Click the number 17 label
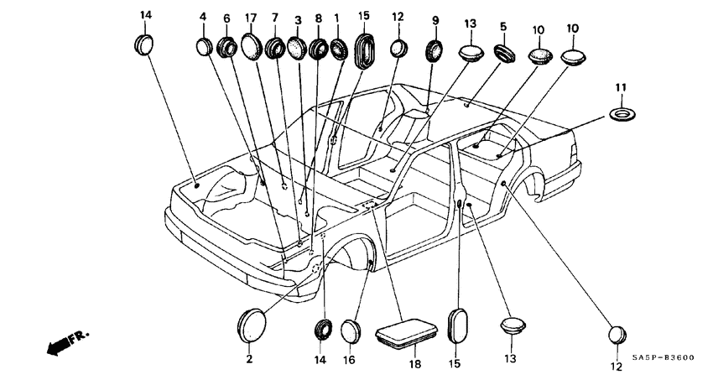coord(251,18)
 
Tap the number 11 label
coord(621,87)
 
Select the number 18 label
coord(414,363)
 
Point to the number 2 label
coord(249,359)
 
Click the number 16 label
coord(348,360)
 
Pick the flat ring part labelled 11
coord(622,114)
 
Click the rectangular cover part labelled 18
coord(406,334)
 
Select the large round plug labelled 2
coord(252,325)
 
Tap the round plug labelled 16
coord(351,331)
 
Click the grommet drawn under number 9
coord(435,50)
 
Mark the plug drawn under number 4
coord(205,47)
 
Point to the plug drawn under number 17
coord(252,45)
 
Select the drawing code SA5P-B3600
coord(664,357)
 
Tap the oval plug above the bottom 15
coord(456,325)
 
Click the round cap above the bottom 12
coord(617,335)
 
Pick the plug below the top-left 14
coord(143,44)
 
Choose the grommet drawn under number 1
coord(338,49)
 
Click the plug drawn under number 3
coord(296,48)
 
